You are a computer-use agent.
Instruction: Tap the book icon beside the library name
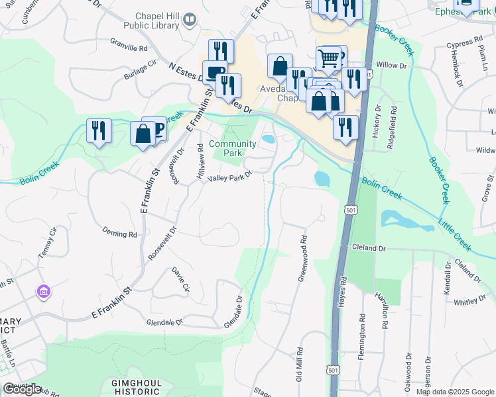pyautogui.click(x=190, y=21)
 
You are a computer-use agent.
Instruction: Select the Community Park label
pyautogui.click(x=233, y=148)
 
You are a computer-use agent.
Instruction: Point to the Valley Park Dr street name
pyautogui.click(x=230, y=177)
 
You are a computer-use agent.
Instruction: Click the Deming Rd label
pyautogui.click(x=119, y=233)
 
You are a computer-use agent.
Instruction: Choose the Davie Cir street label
pyautogui.click(x=180, y=278)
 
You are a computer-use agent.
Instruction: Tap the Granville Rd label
pyautogui.click(x=129, y=48)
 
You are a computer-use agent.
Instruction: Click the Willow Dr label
pyautogui.click(x=391, y=66)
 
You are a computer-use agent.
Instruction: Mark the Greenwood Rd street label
pyautogui.click(x=302, y=259)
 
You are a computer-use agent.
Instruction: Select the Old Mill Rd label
pyautogui.click(x=299, y=365)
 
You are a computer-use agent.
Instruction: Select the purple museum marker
pyautogui.click(x=44, y=291)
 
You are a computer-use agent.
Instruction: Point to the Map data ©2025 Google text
pyautogui.click(x=454, y=392)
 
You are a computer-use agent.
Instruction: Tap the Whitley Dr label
pyautogui.click(x=469, y=302)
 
